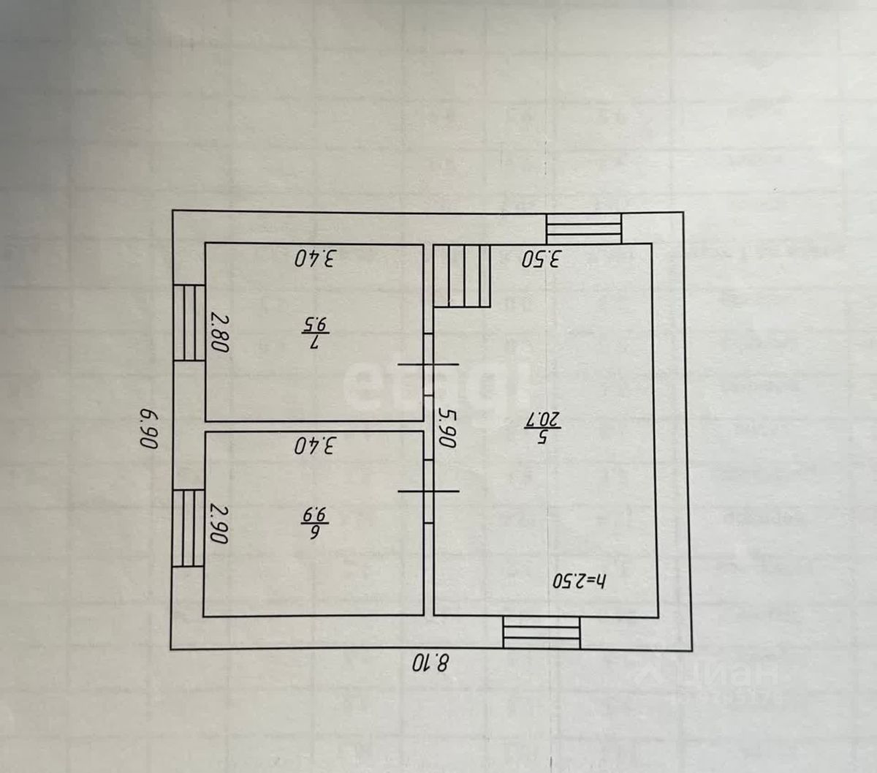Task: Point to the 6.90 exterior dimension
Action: click(148, 429)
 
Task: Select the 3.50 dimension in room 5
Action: click(541, 258)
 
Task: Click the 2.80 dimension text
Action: click(219, 332)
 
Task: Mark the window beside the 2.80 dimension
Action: click(189, 322)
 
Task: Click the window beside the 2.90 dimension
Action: click(189, 527)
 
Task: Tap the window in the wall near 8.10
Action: click(542, 633)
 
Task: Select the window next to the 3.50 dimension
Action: click(584, 228)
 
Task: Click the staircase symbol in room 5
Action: click(462, 276)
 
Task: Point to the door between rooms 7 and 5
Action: click(429, 363)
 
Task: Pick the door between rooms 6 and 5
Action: click(429, 491)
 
